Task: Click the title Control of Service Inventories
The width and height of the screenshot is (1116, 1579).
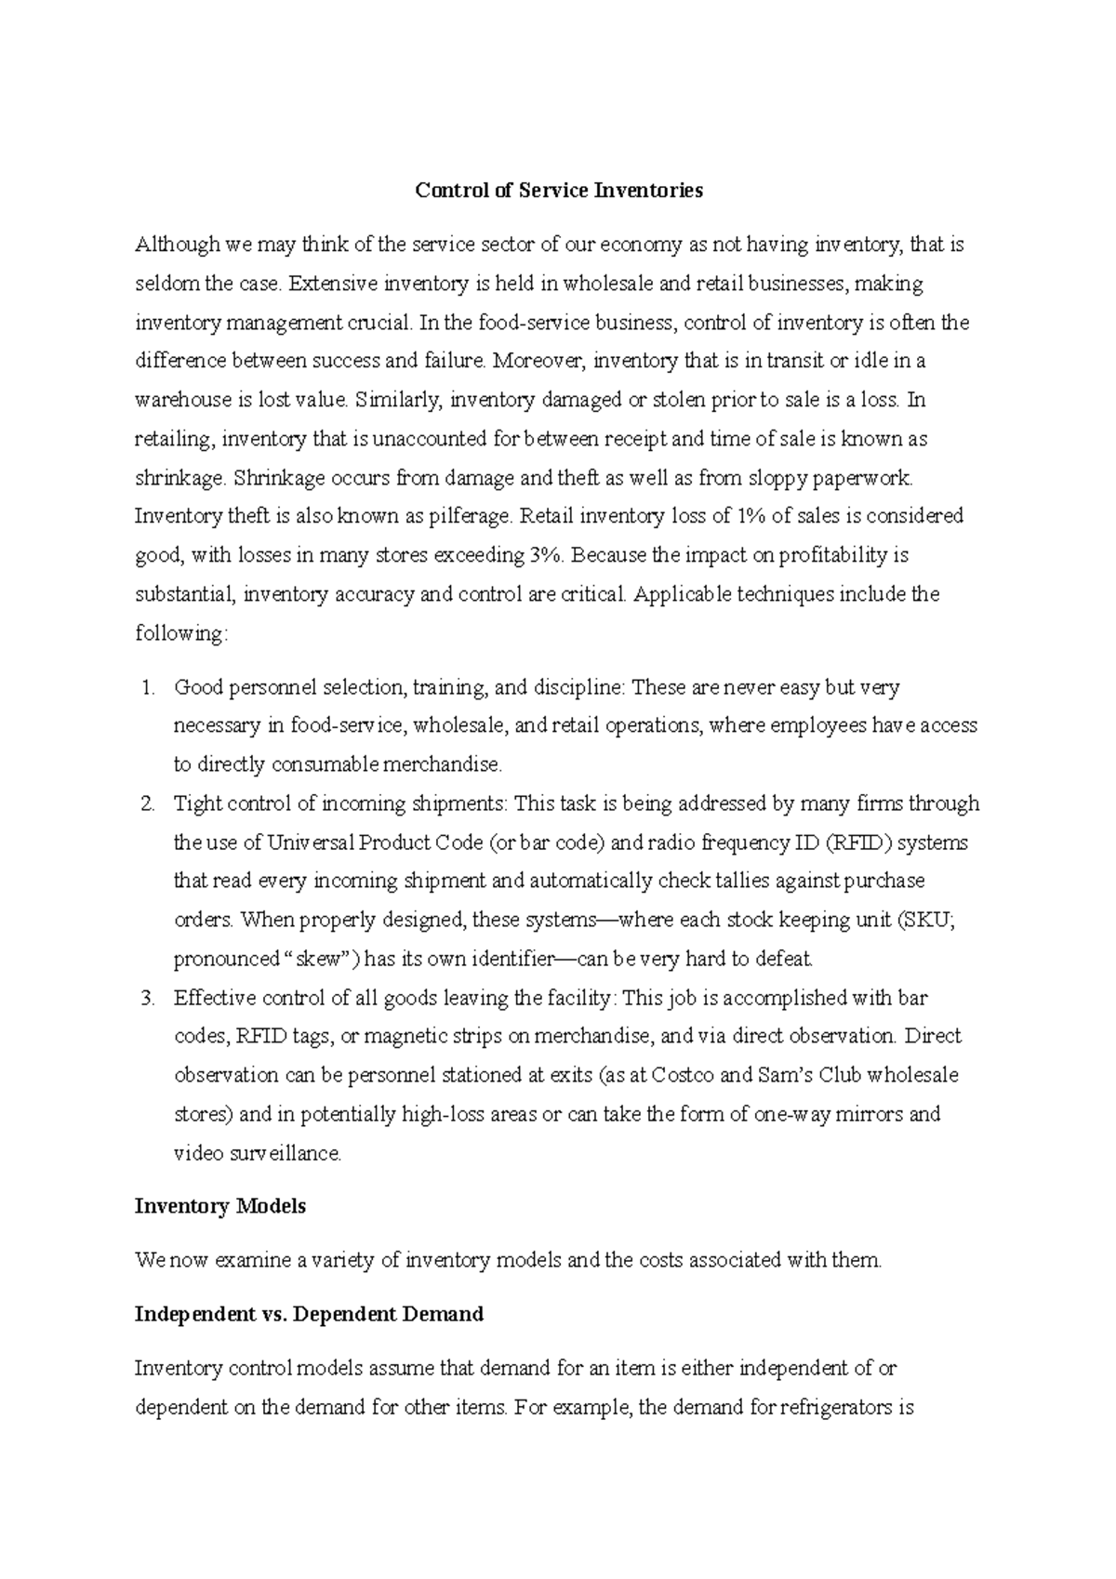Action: pos(558,192)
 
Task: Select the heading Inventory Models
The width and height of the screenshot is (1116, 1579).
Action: pos(219,1206)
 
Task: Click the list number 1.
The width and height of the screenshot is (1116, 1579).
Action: pos(146,688)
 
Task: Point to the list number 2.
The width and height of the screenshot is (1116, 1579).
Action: pos(146,803)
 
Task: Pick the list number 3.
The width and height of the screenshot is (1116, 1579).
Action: pos(146,998)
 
